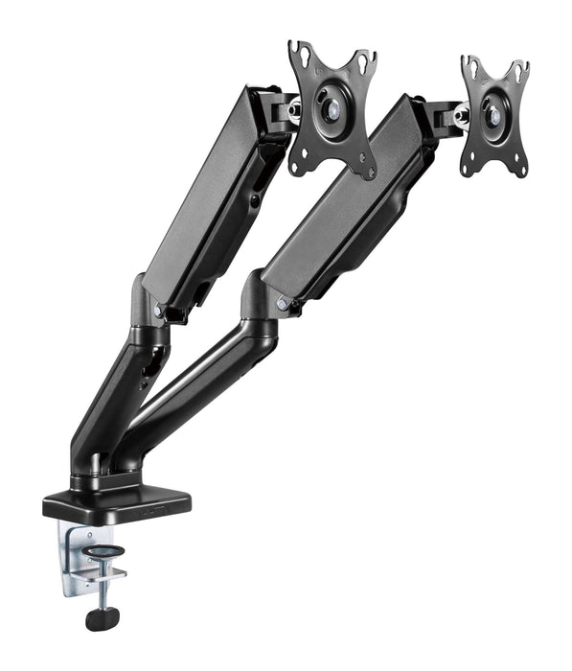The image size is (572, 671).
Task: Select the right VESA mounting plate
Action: (x=494, y=115)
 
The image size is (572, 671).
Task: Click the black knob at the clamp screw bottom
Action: (x=99, y=618)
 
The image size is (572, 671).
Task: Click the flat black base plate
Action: (x=115, y=498)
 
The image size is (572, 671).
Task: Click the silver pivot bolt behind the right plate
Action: (x=461, y=117)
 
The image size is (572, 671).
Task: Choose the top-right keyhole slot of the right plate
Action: (x=521, y=71)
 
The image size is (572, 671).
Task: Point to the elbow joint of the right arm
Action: (x=261, y=302)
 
